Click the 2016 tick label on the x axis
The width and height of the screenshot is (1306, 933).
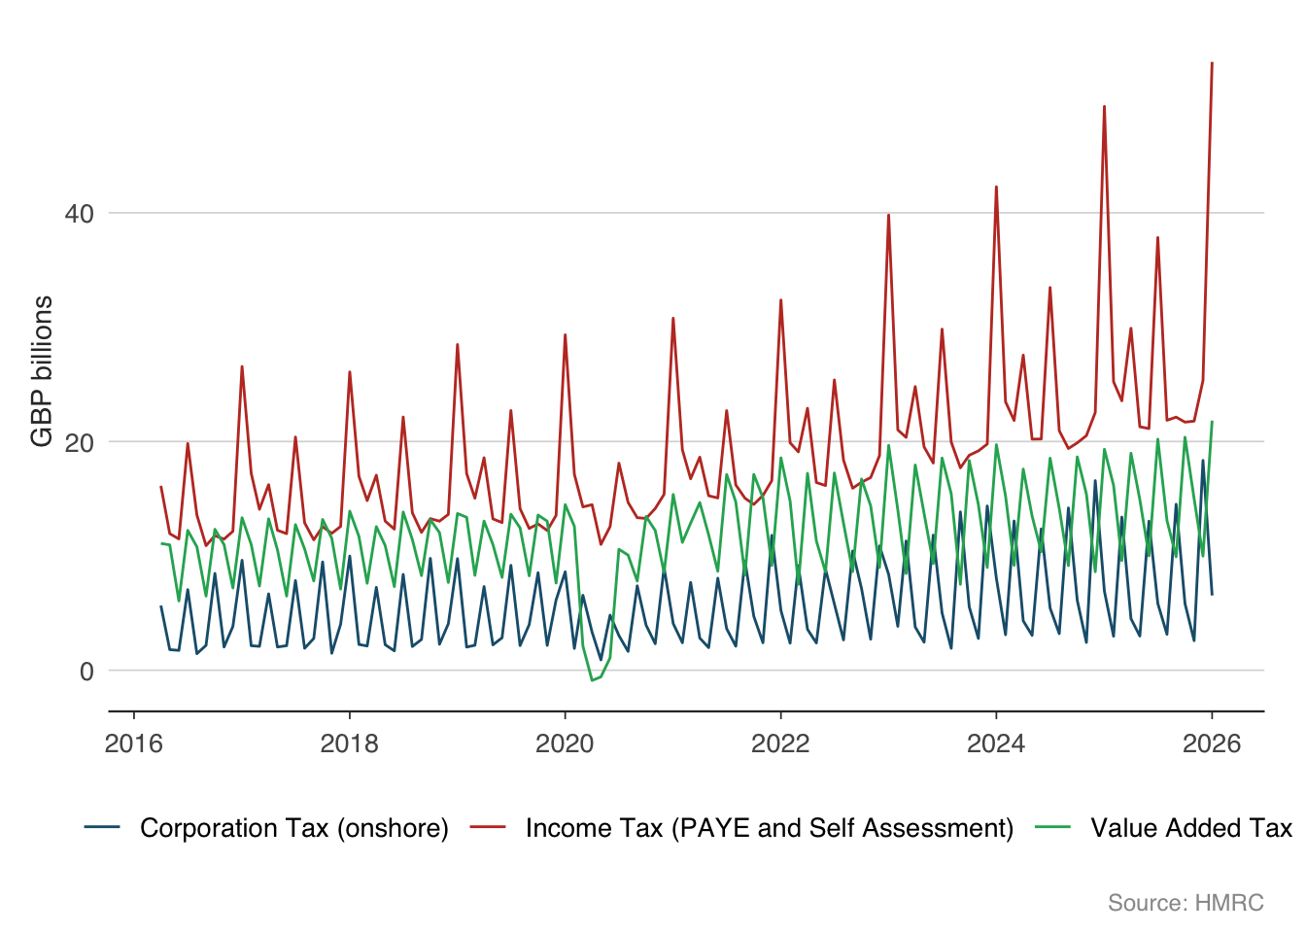pos(133,744)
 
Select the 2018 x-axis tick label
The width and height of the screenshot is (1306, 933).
pos(349,744)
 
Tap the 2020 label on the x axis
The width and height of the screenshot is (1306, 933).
pos(565,744)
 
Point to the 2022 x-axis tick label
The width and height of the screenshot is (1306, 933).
pos(780,744)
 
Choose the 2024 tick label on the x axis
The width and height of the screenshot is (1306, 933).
pos(996,744)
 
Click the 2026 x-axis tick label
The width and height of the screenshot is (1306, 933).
pos(1212,744)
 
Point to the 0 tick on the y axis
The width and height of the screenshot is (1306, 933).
pos(86,671)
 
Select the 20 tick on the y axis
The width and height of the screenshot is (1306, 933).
pos(80,442)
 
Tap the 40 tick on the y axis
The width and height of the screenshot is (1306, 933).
pos(80,214)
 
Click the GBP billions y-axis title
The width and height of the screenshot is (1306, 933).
pos(42,371)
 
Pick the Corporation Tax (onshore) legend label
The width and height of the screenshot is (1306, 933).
pos(294,828)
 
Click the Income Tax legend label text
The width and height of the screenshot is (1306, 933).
pos(770,828)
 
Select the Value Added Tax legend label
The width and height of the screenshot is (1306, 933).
pos(1191,828)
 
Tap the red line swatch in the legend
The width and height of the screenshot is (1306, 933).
pos(488,828)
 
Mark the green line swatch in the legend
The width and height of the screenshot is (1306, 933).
pos(1053,828)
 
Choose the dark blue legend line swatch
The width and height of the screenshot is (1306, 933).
pos(102,828)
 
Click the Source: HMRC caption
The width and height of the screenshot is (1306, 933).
pos(1186,903)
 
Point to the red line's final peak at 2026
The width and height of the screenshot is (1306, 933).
pos(1212,63)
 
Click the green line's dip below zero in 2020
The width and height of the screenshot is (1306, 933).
pos(592,680)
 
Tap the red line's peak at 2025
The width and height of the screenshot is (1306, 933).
pos(1104,106)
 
